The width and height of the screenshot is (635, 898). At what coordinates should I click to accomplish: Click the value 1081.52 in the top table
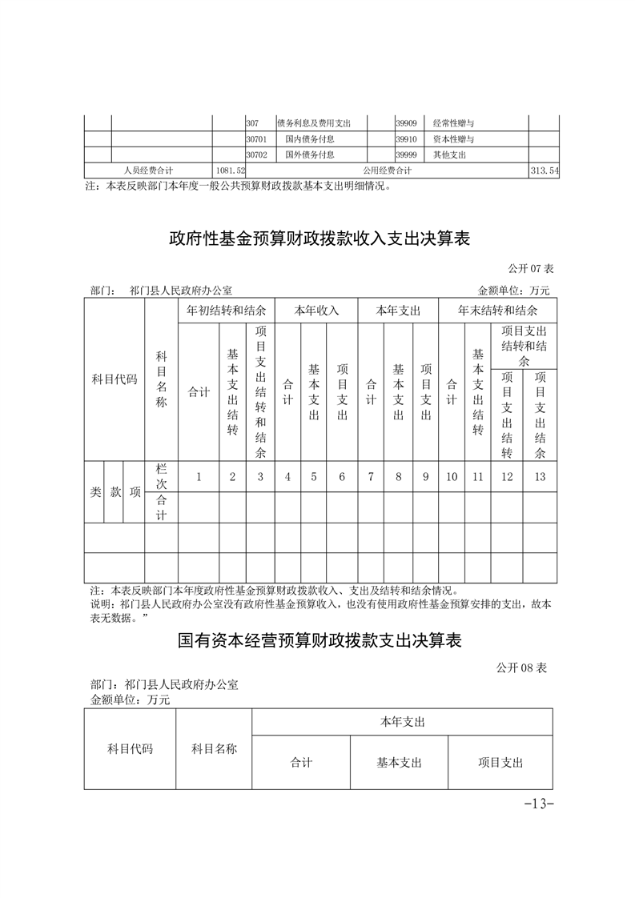(230, 170)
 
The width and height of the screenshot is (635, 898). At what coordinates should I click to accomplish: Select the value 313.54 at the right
(544, 170)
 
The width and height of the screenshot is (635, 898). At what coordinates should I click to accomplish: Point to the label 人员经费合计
(148, 170)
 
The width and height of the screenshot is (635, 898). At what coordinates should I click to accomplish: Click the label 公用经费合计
(387, 170)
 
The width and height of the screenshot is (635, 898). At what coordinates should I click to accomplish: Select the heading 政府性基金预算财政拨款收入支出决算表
(319, 239)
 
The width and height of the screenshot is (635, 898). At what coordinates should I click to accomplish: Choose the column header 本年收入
(316, 310)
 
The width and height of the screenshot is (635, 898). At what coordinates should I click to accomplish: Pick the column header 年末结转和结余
(497, 310)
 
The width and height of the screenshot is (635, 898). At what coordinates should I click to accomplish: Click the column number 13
(540, 476)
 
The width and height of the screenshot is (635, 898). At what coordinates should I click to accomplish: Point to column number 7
(371, 476)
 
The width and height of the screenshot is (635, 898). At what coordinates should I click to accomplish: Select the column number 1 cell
(199, 476)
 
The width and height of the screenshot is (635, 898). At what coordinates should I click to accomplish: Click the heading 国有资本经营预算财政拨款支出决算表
(319, 641)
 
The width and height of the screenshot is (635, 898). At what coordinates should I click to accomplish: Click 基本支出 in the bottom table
(399, 763)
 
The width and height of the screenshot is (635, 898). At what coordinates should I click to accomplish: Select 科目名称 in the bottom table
(214, 749)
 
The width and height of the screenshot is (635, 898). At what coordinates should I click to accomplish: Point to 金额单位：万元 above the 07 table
(513, 291)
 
